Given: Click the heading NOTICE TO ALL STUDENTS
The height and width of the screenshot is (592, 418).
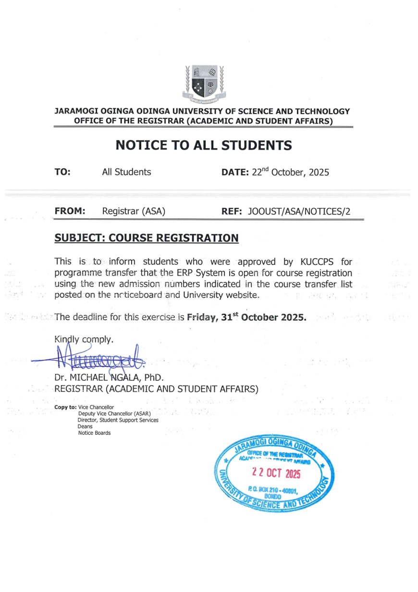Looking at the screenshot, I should (204, 145).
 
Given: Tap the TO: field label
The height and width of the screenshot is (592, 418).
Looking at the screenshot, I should (62, 172).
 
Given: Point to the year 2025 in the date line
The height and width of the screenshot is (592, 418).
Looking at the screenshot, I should (319, 172).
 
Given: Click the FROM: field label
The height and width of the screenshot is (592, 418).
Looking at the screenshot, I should (70, 211).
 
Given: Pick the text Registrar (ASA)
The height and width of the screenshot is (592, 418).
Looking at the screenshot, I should (134, 211).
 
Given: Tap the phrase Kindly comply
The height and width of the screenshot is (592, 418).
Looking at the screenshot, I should (84, 340).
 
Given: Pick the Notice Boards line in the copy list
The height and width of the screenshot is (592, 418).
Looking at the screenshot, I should (94, 433).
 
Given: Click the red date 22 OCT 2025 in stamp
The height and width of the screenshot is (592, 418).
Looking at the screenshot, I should (276, 474).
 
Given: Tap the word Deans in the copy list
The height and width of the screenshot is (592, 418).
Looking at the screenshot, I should (85, 426).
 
